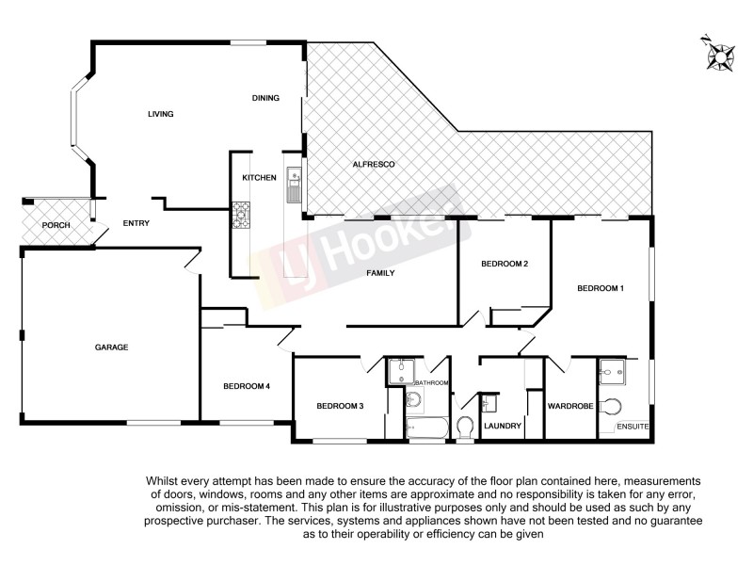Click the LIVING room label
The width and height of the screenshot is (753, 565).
point(161,114)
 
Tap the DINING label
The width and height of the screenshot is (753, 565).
point(266,98)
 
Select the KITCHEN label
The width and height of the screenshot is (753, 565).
point(259,178)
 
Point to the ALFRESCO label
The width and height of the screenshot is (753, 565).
point(373,165)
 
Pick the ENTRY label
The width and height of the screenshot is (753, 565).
point(137,224)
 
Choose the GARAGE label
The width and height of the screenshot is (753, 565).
point(111,347)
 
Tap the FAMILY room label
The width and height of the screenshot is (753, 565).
point(380,273)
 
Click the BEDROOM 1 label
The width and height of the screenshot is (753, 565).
point(600,288)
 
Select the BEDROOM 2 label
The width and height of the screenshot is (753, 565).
point(504,264)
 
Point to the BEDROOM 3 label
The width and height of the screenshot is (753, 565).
point(340,406)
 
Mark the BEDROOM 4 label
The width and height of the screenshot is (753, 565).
point(247,386)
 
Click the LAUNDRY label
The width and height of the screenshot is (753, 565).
point(503,426)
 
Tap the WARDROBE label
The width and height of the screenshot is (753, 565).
point(569,407)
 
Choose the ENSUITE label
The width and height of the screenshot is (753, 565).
point(633,427)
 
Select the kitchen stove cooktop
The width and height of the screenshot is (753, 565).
point(241,216)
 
